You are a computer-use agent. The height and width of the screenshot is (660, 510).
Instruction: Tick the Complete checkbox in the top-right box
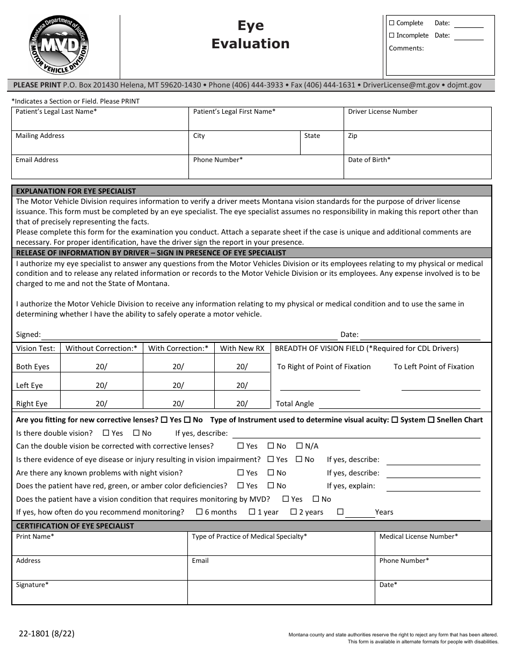tap(391, 23)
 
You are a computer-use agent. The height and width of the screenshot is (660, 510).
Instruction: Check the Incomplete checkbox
tap(391, 35)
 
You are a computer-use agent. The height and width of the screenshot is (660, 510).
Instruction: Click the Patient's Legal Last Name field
tap(100, 122)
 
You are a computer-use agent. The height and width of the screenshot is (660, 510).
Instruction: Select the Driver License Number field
tap(417, 122)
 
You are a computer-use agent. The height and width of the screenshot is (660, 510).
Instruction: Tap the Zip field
tap(417, 146)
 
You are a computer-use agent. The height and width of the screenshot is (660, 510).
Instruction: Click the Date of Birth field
tap(417, 170)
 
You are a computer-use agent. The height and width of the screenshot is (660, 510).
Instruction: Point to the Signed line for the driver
tap(188, 335)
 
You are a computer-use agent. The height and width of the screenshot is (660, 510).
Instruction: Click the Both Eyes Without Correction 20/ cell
tap(101, 367)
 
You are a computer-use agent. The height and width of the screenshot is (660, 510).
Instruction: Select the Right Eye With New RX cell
tap(242, 404)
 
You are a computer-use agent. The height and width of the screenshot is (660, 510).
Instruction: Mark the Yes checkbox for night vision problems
tap(241, 473)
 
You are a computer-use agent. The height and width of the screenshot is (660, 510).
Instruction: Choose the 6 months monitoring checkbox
tap(199, 512)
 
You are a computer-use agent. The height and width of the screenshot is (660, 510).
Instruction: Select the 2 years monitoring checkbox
tap(294, 512)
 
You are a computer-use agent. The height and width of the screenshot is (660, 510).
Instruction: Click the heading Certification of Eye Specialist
tap(75, 526)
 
